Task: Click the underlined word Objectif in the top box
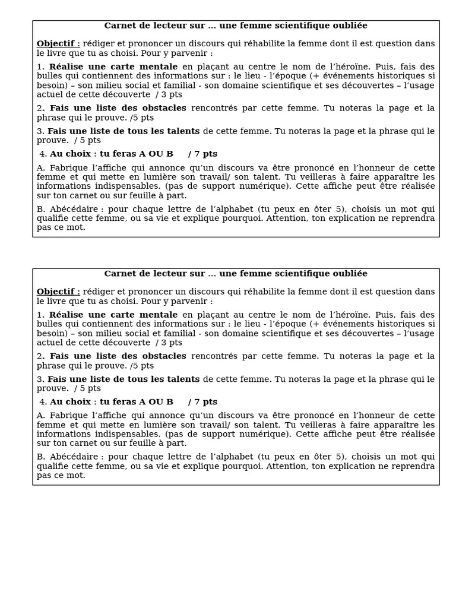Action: (x=58, y=44)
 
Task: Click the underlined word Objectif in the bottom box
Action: (x=58, y=292)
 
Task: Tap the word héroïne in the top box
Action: (x=350, y=66)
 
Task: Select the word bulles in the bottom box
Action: (x=49, y=324)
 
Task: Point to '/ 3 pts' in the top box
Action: (x=169, y=94)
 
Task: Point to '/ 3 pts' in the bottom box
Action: (x=169, y=343)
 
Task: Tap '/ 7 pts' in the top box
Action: (x=202, y=154)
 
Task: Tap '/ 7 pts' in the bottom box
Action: (x=202, y=402)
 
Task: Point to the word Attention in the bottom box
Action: (x=286, y=466)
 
